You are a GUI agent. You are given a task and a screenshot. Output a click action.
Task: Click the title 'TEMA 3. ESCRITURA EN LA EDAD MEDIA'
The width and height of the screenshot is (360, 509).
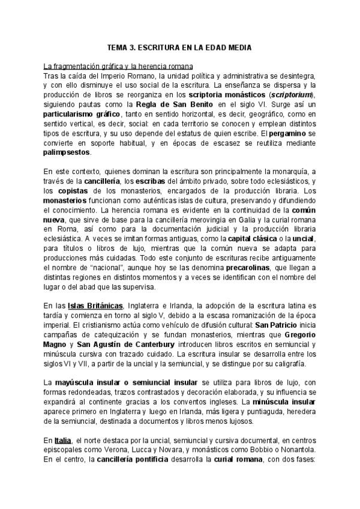pyautogui.click(x=179, y=47)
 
